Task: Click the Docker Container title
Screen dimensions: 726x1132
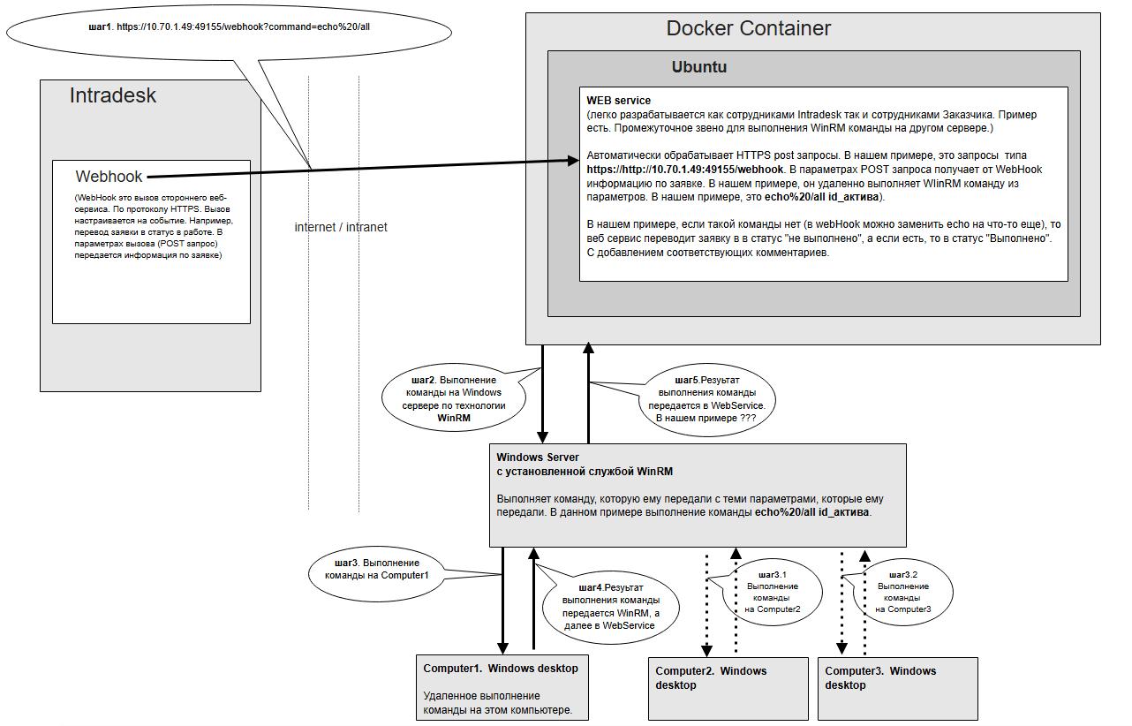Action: coord(748,28)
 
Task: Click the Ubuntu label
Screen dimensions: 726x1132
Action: coord(698,67)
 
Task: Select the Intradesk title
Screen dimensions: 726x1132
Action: coord(112,95)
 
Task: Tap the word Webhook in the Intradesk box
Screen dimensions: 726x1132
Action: coord(109,177)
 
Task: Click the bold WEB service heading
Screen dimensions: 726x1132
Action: coord(618,101)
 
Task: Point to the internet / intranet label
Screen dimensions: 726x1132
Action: coord(340,227)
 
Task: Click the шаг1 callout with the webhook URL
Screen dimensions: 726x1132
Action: coord(229,27)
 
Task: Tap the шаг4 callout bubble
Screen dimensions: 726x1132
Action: coord(611,606)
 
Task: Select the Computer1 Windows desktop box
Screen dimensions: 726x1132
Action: coord(502,687)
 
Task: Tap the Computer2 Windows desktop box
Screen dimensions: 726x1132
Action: coord(728,687)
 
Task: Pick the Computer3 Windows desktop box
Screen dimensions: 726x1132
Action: coord(897,687)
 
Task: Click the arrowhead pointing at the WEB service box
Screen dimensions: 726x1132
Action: coord(572,161)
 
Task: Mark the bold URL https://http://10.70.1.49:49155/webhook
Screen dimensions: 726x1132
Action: coord(685,169)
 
